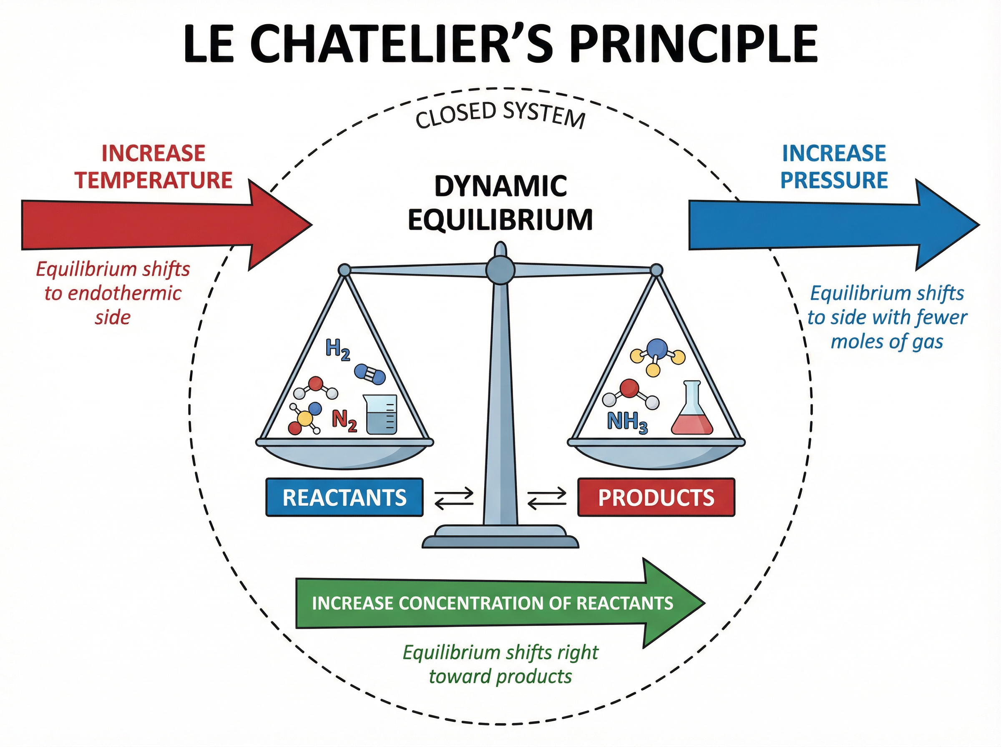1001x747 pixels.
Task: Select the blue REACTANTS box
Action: click(x=344, y=497)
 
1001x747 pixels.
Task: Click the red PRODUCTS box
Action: click(x=656, y=497)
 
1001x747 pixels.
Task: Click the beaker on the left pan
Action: click(x=382, y=415)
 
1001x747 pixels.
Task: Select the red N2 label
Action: click(x=345, y=421)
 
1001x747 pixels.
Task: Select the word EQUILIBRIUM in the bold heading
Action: click(x=500, y=220)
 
